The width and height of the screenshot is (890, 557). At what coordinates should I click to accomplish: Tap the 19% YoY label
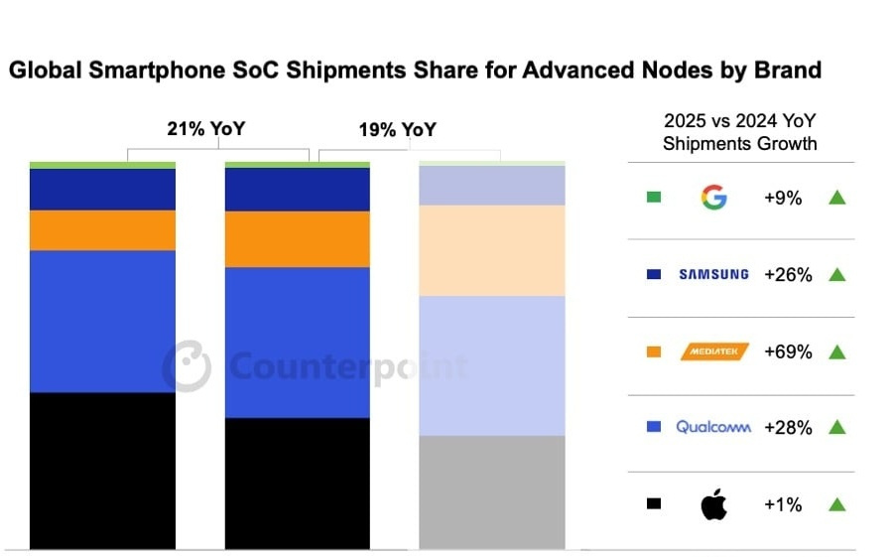396,130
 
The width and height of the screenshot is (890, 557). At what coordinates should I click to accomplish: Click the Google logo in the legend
713,198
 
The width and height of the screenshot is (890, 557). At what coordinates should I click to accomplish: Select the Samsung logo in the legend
713,274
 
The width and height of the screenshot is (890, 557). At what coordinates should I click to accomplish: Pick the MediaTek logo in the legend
714,351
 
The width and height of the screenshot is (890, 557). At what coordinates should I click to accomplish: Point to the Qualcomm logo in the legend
713,427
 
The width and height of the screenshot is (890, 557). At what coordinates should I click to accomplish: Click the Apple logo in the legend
713,504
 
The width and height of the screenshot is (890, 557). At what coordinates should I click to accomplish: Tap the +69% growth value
788,351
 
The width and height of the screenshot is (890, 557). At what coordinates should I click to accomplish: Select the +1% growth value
783,504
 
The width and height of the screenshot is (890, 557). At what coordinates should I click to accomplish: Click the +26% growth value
788,275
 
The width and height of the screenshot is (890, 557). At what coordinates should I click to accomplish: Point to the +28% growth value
788,428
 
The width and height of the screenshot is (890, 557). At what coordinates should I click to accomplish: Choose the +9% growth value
783,198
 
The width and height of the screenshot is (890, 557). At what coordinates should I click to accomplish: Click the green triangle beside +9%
836,198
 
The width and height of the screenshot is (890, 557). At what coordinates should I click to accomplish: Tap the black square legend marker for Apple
653,504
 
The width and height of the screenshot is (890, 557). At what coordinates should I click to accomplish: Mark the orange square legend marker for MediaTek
653,351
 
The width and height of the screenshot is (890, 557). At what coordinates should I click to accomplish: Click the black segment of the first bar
102,471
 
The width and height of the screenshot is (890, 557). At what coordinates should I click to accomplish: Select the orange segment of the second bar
298,239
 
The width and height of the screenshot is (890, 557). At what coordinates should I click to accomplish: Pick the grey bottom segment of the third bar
492,491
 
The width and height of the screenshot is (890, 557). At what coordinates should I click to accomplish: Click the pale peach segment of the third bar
492,250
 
